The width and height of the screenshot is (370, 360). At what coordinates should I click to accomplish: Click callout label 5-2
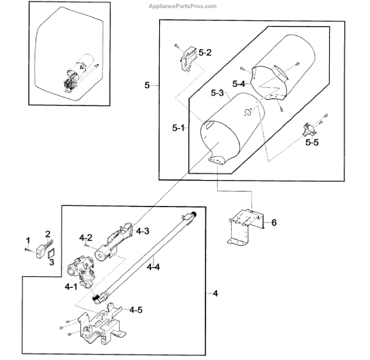(x=205, y=53)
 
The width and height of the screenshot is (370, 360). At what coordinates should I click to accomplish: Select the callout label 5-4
(x=239, y=83)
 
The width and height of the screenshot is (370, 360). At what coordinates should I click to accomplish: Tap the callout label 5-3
(x=216, y=94)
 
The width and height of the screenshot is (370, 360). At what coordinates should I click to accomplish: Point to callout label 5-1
(x=179, y=128)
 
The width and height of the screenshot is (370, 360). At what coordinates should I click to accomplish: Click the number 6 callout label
(x=274, y=222)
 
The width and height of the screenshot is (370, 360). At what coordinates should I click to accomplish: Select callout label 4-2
(x=86, y=237)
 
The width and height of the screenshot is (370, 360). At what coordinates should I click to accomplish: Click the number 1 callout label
(x=27, y=239)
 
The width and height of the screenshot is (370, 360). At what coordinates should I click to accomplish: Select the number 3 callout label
(x=51, y=263)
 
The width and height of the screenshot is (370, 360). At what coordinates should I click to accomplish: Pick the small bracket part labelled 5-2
(x=187, y=60)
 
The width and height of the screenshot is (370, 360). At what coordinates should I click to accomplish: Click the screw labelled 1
(x=28, y=249)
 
